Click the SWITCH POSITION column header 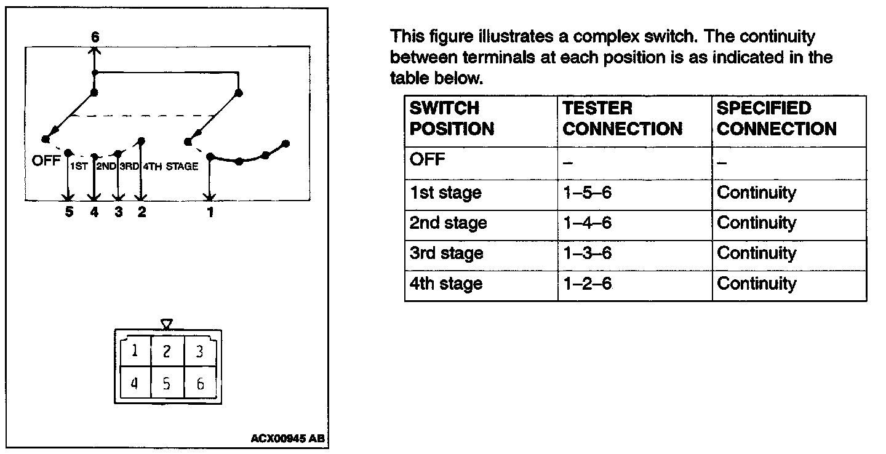point(452,119)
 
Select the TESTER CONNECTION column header point(622,119)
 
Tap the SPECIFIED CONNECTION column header point(776,119)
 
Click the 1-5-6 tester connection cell point(587,193)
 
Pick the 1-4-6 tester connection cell point(587,223)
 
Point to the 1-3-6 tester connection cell point(587,253)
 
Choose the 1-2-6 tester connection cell point(587,284)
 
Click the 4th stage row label point(446,284)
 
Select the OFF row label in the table point(427,160)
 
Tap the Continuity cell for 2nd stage point(756,223)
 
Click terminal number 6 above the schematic point(95,38)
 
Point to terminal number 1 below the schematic point(210,213)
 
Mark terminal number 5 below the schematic point(69,213)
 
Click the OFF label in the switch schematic point(46,162)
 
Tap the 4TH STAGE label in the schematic point(170,166)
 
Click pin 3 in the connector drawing point(199,351)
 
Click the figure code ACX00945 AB point(287,439)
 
